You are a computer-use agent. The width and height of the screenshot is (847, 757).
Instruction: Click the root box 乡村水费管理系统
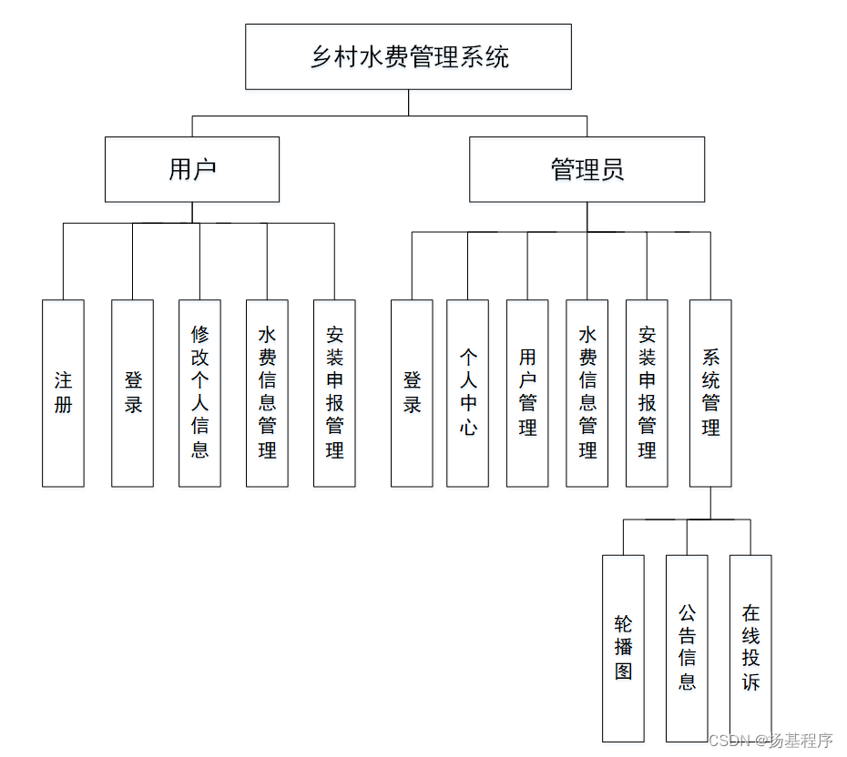(x=408, y=56)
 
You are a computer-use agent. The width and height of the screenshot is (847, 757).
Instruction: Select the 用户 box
(x=192, y=169)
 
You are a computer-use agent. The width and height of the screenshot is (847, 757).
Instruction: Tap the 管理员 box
(x=587, y=169)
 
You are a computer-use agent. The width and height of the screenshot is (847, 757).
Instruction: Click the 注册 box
(x=63, y=393)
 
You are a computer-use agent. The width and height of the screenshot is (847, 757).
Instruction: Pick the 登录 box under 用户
(x=132, y=393)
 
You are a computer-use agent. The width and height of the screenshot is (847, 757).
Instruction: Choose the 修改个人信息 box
(x=199, y=393)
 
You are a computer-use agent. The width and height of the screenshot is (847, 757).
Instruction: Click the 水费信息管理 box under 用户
(x=267, y=393)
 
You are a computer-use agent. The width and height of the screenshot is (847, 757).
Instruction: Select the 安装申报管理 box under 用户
(x=334, y=393)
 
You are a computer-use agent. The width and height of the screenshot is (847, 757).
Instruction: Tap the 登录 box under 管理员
(x=412, y=393)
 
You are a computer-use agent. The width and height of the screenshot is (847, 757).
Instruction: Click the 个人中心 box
(x=468, y=393)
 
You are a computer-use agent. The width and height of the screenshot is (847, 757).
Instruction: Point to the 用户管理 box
(x=527, y=393)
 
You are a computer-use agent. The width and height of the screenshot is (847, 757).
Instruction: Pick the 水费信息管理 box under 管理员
(x=587, y=393)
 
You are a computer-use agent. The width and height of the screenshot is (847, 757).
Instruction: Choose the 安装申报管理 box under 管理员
(x=647, y=393)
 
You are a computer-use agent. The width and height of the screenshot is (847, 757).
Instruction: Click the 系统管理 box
(x=710, y=393)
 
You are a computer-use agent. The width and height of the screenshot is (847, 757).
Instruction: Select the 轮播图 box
(x=623, y=649)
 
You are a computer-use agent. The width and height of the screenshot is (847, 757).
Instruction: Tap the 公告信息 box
(x=687, y=649)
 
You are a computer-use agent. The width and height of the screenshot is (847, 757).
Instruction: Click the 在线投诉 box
(x=750, y=649)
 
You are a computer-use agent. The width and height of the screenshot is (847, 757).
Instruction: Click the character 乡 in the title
(x=321, y=57)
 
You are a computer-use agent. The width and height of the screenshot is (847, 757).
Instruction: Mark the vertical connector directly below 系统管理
(x=710, y=503)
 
